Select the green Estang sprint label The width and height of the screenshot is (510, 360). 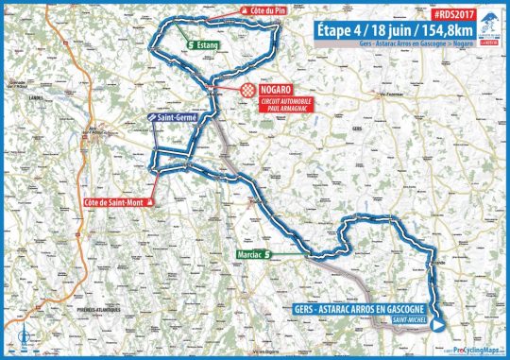click(x=203, y=43)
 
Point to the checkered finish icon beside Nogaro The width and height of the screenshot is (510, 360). click(x=247, y=92)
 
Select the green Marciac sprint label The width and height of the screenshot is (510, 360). click(x=253, y=254)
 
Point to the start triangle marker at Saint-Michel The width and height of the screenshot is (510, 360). click(x=439, y=319)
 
